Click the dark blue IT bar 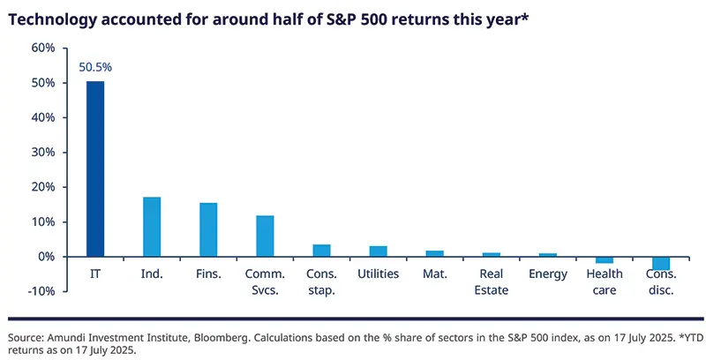(95, 169)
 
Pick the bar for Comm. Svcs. (265, 236)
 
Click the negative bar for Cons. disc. (661, 263)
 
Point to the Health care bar (605, 259)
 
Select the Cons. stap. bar (321, 251)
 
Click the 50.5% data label (95, 66)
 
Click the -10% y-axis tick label (41, 291)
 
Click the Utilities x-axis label (378, 274)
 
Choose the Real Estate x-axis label (492, 281)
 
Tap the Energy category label (548, 274)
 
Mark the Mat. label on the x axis (434, 274)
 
